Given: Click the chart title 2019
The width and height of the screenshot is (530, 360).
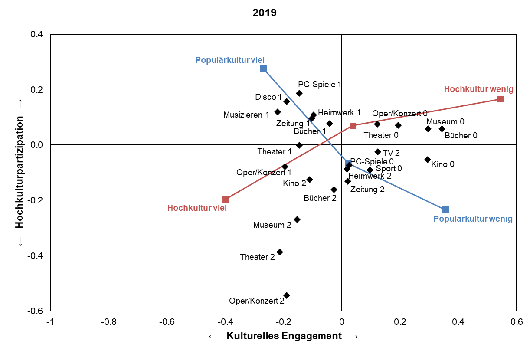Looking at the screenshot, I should point(265,13).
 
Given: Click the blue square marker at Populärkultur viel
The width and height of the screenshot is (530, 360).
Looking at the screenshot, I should point(263,69).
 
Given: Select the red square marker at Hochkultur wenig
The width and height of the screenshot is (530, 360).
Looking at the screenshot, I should point(501,99).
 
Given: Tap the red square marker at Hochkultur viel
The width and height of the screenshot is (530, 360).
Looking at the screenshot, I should point(226,199).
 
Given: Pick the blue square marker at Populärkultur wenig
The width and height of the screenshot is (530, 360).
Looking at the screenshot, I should point(445,209).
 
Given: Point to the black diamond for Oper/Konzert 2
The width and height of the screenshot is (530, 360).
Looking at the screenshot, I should point(287,295).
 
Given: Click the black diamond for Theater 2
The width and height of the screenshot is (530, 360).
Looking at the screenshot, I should point(280,252).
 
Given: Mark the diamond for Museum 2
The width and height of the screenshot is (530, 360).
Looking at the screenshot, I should point(297,219).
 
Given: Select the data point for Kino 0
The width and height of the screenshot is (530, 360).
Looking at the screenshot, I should point(428,160).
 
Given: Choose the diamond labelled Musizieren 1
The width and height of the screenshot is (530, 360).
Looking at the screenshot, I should point(278,112).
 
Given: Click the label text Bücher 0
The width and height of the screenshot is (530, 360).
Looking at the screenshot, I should point(461,135).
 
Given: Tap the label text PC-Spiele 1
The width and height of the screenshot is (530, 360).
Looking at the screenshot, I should point(320,84).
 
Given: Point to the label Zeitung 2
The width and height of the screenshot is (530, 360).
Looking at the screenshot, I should point(367,189).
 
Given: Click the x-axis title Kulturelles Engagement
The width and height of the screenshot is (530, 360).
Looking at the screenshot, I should point(284,336).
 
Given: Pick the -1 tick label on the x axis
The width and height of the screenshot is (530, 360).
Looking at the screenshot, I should point(50,322).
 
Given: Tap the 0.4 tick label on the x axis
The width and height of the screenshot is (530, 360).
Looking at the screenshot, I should point(458,322).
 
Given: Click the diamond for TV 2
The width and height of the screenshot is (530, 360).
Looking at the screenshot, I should point(378,152).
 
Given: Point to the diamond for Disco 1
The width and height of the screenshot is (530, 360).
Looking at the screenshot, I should point(287,101).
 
